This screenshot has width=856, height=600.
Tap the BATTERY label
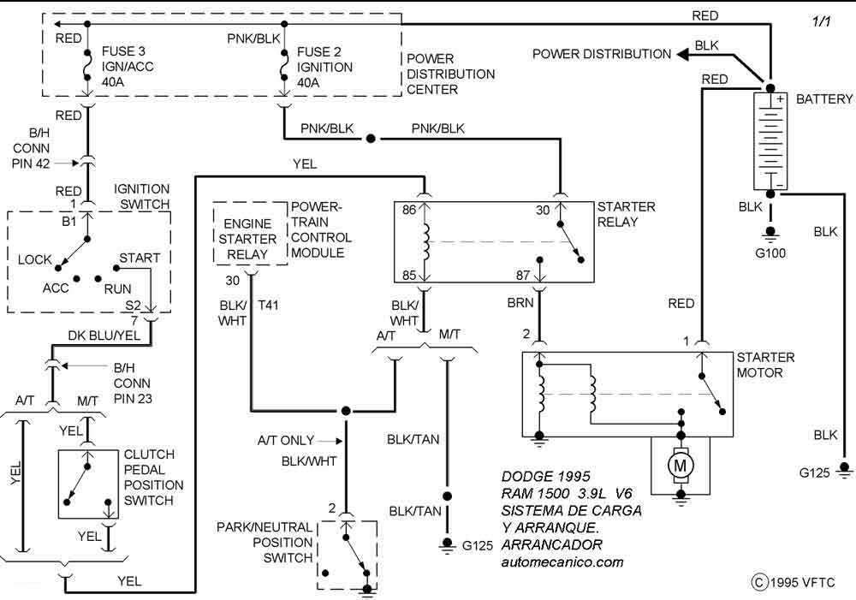[x=823, y=100]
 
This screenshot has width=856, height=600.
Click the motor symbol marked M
[x=681, y=466]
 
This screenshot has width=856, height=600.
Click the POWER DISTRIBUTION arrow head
[x=684, y=54]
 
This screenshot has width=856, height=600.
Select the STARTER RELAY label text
[x=626, y=214]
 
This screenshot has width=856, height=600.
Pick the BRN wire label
[x=520, y=303]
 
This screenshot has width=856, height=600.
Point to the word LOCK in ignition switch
[x=35, y=259]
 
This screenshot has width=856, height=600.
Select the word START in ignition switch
[x=140, y=258]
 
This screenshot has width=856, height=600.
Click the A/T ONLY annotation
[x=286, y=441]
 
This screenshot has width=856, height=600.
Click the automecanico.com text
[x=562, y=562]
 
